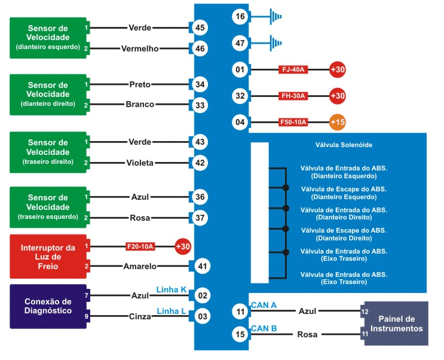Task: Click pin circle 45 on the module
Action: click(x=200, y=28)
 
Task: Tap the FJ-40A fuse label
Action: click(x=293, y=70)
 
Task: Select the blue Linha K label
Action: click(x=172, y=290)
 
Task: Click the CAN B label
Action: click(x=264, y=328)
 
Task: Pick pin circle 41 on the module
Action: click(x=200, y=266)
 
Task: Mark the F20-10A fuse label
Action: click(x=140, y=246)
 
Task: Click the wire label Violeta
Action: click(x=140, y=163)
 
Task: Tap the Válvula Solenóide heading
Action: click(x=339, y=145)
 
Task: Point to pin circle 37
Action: click(x=200, y=218)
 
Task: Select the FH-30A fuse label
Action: click(x=293, y=96)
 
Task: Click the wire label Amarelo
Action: click(x=140, y=266)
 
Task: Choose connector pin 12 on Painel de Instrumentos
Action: click(x=365, y=311)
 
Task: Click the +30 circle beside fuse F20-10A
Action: click(x=182, y=246)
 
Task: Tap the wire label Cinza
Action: click(x=140, y=316)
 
